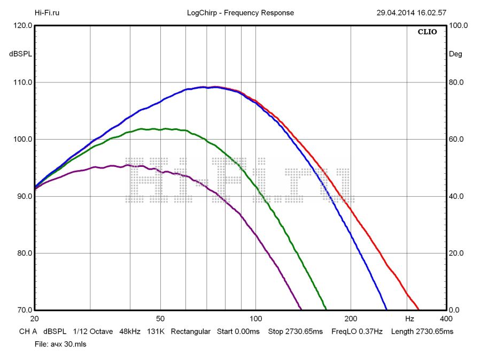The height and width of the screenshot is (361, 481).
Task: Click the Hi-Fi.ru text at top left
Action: point(47,13)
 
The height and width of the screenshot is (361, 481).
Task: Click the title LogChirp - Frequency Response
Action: point(241,13)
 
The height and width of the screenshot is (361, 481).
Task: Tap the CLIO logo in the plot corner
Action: point(427,32)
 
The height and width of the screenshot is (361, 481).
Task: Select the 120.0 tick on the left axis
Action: point(20,25)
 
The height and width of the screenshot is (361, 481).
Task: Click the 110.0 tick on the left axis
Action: point(20,82)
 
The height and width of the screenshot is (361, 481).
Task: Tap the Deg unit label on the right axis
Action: point(455,54)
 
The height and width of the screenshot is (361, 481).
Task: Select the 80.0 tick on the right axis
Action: point(459,82)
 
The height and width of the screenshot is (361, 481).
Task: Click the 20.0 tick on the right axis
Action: point(459,254)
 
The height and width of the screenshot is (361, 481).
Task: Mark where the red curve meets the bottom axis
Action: point(419,310)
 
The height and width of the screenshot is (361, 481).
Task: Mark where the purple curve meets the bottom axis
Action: point(302,310)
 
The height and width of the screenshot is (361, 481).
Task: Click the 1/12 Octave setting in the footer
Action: point(93,332)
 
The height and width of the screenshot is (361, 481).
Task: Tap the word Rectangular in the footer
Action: point(191,332)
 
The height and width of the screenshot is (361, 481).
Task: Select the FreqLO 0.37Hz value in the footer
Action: point(357,332)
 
